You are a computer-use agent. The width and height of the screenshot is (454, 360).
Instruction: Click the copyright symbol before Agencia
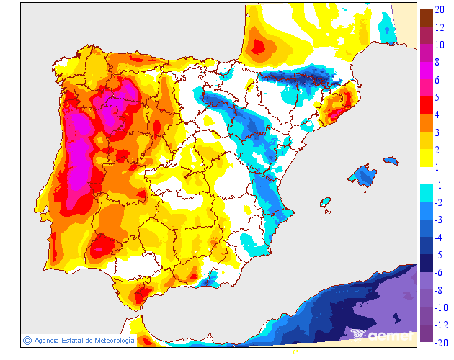[x=27, y=340]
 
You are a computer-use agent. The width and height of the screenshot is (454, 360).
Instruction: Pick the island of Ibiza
[x=325, y=203]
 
